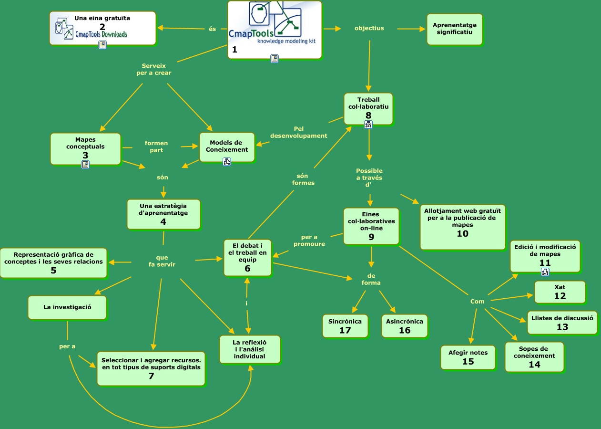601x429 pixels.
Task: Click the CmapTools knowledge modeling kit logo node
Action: [x=275, y=30]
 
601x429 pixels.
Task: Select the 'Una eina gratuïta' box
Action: [x=102, y=28]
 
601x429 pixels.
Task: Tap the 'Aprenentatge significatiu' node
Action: [x=454, y=29]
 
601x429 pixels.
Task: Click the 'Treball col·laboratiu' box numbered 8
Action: [x=368, y=108]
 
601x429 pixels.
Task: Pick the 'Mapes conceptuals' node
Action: [x=85, y=148]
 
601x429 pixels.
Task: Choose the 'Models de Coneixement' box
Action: [x=227, y=146]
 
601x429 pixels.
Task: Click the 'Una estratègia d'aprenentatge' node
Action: [x=163, y=214]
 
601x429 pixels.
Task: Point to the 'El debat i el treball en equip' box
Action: [x=247, y=258]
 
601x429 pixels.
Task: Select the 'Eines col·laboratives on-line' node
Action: [x=371, y=226]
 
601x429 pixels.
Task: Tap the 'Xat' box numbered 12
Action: [x=560, y=292]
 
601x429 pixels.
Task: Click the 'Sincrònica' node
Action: [x=345, y=325]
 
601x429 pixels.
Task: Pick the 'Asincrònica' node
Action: [x=404, y=325]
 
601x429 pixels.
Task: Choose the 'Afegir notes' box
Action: [x=468, y=357]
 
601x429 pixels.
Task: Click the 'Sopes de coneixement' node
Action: [x=534, y=356]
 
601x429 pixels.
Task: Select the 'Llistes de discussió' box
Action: [x=562, y=322]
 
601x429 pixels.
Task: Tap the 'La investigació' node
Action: [x=67, y=307]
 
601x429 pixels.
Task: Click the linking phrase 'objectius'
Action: [x=369, y=28]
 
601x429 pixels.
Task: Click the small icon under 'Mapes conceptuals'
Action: [x=85, y=165]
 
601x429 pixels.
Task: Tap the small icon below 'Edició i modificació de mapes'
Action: [x=545, y=272]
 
